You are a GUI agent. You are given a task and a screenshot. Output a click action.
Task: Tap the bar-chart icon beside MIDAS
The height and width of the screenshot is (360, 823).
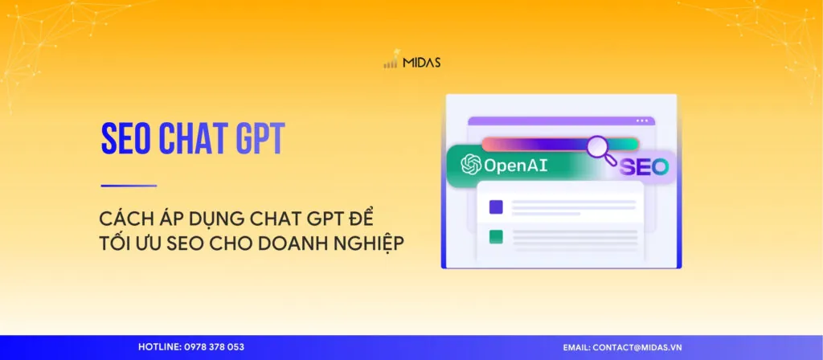(391, 63)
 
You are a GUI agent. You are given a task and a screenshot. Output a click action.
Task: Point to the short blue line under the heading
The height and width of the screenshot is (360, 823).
(129, 186)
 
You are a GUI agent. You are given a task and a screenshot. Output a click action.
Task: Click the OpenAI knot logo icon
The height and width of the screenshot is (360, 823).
(470, 166)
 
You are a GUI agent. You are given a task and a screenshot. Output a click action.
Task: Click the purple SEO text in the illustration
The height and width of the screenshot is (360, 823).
(643, 167)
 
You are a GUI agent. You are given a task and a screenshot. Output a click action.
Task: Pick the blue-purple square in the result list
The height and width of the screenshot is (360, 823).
(496, 207)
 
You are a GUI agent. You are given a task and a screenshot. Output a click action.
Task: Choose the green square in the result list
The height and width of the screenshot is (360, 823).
(496, 237)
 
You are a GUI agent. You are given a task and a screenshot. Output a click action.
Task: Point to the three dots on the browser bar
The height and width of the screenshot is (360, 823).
(641, 121)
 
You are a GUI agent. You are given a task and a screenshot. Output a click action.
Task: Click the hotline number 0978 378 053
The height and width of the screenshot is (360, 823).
(213, 347)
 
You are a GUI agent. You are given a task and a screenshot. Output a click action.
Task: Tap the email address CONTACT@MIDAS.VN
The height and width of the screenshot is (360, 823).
(638, 347)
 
